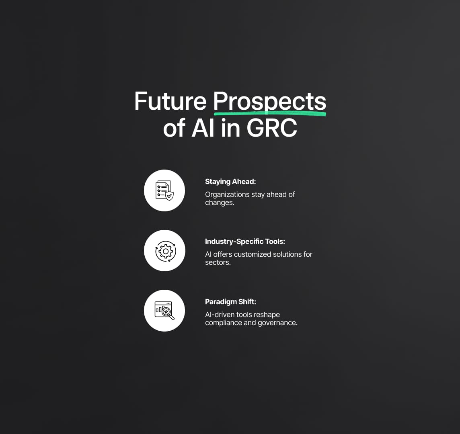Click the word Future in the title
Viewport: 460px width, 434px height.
170,101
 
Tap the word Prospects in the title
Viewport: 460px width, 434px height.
269,102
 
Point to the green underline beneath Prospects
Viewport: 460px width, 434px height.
269,113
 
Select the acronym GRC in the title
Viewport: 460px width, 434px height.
272,128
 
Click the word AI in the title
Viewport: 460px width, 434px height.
203,128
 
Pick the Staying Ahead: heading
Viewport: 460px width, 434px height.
230,182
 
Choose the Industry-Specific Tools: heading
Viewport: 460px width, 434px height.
245,242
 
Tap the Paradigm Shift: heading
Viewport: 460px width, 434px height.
230,302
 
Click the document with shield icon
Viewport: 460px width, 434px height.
164,190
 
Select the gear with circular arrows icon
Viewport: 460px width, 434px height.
165,251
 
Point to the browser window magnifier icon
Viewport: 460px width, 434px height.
164,311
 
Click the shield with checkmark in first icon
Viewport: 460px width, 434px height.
169,196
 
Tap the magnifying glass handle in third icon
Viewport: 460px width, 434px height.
172,317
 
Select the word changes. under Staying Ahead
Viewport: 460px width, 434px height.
220,203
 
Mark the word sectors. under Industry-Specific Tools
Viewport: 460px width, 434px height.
218,262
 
